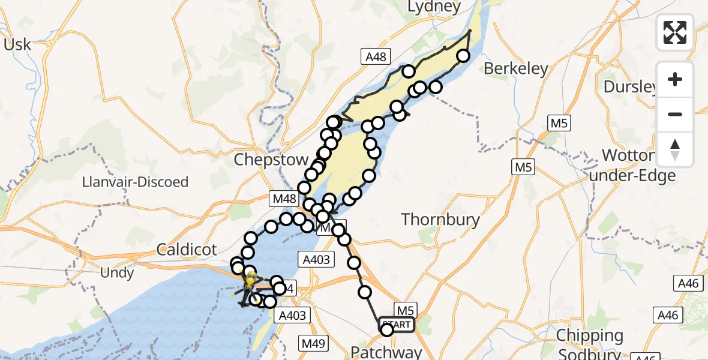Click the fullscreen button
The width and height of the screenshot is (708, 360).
(675, 32)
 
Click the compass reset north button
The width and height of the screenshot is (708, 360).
(675, 149)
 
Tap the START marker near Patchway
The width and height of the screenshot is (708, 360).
(396, 325)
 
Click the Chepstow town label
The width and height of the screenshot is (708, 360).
(271, 160)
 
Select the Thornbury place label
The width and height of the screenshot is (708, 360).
(441, 220)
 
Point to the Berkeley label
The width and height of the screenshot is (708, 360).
(516, 69)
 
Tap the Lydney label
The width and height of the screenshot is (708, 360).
(434, 7)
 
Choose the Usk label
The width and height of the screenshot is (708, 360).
(17, 44)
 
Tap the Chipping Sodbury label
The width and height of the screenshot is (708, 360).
(590, 343)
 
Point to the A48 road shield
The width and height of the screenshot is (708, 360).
(376, 57)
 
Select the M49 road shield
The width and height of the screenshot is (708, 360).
(313, 343)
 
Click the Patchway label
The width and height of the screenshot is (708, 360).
(386, 352)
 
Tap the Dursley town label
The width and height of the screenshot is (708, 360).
(630, 87)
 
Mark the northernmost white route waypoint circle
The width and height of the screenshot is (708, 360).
(463, 56)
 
